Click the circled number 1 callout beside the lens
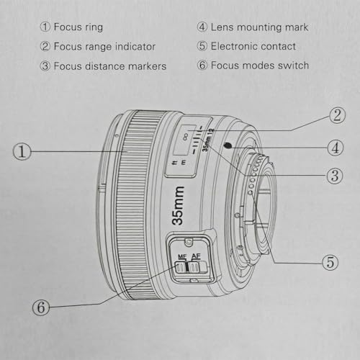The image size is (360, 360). pyautogui.click(x=23, y=151)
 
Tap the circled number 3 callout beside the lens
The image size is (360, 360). pyautogui.click(x=333, y=175)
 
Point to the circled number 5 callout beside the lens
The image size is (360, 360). pyautogui.click(x=329, y=262)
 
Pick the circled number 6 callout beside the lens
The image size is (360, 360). pyautogui.click(x=41, y=308)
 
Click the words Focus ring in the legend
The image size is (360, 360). pyautogui.click(x=81, y=27)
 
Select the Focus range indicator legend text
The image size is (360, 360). pyautogui.click(x=107, y=47)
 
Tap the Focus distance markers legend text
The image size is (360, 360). pyautogui.click(x=113, y=66)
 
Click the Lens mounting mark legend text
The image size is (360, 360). pyautogui.click(x=259, y=27)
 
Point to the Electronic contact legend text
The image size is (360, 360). pyautogui.click(x=253, y=47)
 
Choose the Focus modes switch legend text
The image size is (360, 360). pyautogui.click(x=259, y=66)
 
